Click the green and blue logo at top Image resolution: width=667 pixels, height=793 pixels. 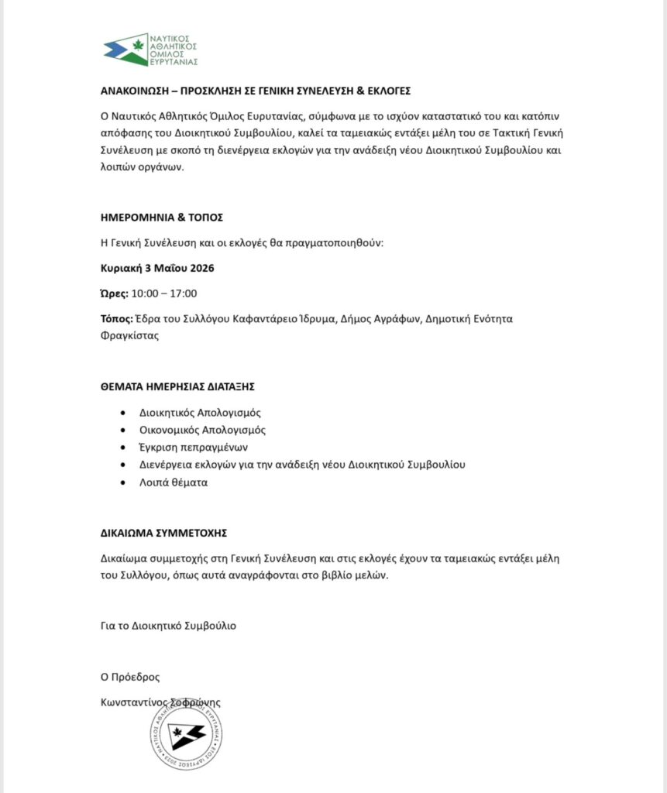[150, 50]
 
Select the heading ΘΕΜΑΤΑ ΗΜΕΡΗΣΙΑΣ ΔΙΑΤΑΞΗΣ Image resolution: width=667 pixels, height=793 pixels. [188, 386]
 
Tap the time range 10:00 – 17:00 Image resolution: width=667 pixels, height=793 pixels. [164, 293]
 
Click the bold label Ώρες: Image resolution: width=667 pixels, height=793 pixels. [114, 293]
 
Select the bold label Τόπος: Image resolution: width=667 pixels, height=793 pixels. [116, 318]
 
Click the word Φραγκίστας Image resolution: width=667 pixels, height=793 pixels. [129, 336]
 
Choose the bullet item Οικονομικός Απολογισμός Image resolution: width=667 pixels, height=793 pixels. [202, 430]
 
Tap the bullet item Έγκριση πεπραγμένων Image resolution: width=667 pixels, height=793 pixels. [194, 448]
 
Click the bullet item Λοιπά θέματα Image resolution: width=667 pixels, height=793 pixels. [174, 482]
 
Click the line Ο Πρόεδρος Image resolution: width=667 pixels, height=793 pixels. [130, 677]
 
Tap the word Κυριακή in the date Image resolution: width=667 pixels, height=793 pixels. [122, 268]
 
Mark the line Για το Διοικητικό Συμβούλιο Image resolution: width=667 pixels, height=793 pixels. [168, 626]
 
